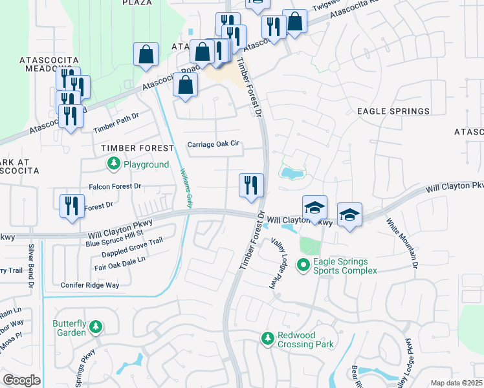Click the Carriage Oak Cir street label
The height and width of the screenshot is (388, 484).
tap(214, 144)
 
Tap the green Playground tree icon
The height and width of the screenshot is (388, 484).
tap(114, 164)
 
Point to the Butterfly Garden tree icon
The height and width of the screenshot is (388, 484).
tap(96, 327)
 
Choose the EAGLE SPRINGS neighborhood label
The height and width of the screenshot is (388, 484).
tap(393, 111)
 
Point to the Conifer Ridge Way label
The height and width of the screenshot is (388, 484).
tap(90, 285)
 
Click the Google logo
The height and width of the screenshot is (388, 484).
tap(21, 380)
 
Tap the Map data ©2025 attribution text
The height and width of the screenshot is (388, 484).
tap(456, 383)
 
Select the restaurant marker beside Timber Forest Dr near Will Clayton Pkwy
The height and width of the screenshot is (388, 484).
tap(251, 186)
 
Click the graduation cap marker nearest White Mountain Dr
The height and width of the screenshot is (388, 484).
tap(349, 215)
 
